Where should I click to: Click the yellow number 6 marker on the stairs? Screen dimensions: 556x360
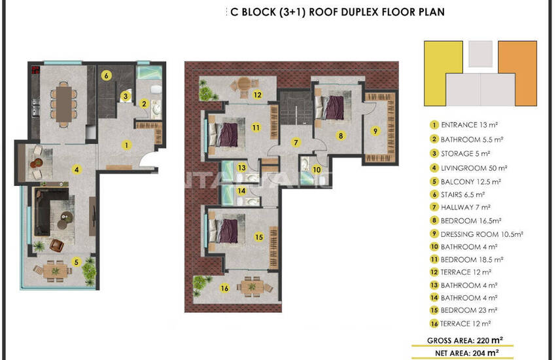[106, 75]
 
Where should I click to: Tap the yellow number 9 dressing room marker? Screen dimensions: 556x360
[375, 131]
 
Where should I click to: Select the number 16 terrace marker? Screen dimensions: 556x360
[224, 289]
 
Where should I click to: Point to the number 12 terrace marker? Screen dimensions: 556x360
[258, 95]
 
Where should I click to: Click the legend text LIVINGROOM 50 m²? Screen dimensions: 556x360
[474, 168]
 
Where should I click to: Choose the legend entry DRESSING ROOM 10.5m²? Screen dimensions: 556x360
[481, 234]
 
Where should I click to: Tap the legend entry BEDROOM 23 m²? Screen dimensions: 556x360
[469, 310]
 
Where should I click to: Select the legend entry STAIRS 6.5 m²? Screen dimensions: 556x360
[462, 194]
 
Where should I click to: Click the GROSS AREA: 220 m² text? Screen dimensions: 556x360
[465, 340]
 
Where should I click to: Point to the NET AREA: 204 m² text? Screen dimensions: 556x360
[466, 353]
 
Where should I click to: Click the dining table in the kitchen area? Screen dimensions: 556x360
[63, 104]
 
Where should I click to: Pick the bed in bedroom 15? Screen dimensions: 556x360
[224, 230]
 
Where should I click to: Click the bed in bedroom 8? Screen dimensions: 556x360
[330, 107]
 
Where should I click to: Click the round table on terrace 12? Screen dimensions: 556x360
[244, 85]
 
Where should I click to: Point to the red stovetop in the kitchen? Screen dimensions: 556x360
[35, 69]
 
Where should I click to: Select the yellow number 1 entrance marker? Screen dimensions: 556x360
[126, 145]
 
